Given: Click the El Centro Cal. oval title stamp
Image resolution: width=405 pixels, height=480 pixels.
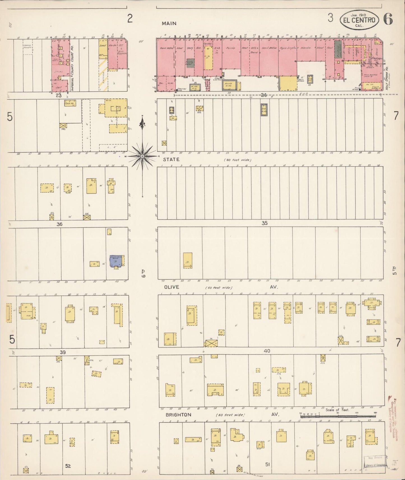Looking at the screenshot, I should click(x=359, y=20).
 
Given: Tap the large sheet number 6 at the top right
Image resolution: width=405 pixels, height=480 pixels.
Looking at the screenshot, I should click(x=388, y=19).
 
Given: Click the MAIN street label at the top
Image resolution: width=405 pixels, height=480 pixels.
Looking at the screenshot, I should click(x=169, y=24).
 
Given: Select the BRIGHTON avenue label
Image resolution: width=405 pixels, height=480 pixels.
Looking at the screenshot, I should click(x=178, y=415).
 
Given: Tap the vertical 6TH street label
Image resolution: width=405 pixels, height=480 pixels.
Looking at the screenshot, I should click(x=144, y=273).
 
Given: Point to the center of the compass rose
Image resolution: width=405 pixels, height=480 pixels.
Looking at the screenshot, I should click(x=142, y=156).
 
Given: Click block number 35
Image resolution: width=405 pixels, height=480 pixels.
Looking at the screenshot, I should click(x=265, y=223).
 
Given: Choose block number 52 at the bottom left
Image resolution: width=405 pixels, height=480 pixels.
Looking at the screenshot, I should click(x=68, y=466).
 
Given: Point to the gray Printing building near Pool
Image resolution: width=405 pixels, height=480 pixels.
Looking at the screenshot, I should click(x=338, y=49).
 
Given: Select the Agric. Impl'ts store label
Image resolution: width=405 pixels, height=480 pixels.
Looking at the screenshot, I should click(x=288, y=48).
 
